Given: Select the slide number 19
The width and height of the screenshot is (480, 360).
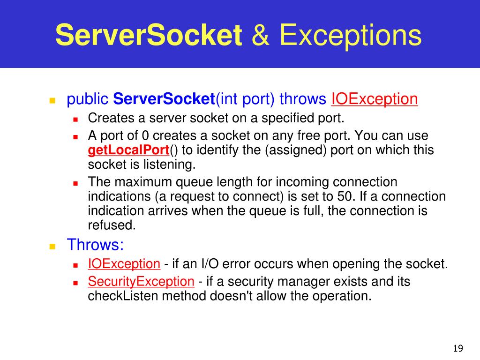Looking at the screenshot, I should click(x=458, y=348).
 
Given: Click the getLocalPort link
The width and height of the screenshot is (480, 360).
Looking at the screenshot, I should click(x=128, y=150).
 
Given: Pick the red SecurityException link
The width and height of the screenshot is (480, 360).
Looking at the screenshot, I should click(x=141, y=282).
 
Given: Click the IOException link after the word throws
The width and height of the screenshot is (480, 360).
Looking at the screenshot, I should click(x=375, y=99).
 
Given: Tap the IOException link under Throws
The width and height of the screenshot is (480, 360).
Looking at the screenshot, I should click(x=124, y=264).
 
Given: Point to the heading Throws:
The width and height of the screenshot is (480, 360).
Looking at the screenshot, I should click(x=95, y=245).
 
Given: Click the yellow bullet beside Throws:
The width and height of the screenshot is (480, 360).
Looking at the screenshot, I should click(x=52, y=246).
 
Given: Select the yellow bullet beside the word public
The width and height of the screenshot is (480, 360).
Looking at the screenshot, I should click(x=52, y=100).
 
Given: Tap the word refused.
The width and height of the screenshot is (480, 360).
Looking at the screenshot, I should click(x=112, y=225).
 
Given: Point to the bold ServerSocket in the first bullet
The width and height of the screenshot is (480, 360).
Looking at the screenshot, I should click(x=164, y=99).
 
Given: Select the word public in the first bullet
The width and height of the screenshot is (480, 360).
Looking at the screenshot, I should click(x=88, y=99).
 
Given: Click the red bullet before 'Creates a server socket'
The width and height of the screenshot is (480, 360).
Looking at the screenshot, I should click(x=75, y=119).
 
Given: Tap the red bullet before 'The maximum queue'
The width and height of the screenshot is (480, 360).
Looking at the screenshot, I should click(x=75, y=183).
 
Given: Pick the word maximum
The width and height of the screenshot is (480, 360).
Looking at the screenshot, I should click(x=142, y=182).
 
